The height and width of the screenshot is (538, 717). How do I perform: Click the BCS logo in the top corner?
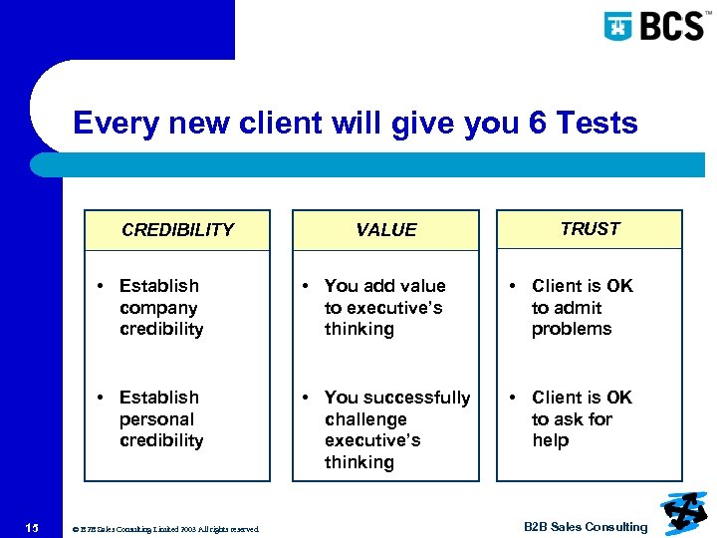pyautogui.click(x=657, y=25)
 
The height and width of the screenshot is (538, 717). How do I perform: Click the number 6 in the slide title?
pyautogui.click(x=535, y=124)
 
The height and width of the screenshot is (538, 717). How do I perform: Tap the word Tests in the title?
pyautogui.click(x=597, y=124)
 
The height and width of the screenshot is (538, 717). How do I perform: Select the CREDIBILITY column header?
pyautogui.click(x=177, y=230)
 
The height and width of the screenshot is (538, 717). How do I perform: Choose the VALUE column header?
pyautogui.click(x=385, y=230)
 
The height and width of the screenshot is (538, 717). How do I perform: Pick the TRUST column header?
pyautogui.click(x=590, y=229)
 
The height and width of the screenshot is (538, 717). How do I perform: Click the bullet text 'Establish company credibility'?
pyautogui.click(x=160, y=308)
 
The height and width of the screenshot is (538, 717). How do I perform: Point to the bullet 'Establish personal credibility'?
pyautogui.click(x=160, y=419)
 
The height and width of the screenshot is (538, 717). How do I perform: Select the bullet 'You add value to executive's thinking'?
pyautogui.click(x=384, y=308)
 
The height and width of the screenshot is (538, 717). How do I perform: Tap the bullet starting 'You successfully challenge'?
pyautogui.click(x=396, y=429)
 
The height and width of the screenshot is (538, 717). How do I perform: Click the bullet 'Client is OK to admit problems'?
pyautogui.click(x=582, y=308)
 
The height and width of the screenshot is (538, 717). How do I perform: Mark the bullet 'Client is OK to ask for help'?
pyautogui.click(x=582, y=419)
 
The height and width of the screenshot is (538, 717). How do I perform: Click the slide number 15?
pyautogui.click(x=33, y=527)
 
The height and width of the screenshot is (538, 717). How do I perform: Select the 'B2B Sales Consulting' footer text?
pyautogui.click(x=585, y=527)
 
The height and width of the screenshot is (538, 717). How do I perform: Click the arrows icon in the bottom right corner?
pyautogui.click(x=683, y=514)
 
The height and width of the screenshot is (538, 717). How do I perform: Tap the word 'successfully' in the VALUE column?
pyautogui.click(x=418, y=398)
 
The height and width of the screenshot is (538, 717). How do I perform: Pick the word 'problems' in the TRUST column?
pyautogui.click(x=572, y=329)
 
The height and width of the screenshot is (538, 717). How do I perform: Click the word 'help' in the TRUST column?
pyautogui.click(x=550, y=440)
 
